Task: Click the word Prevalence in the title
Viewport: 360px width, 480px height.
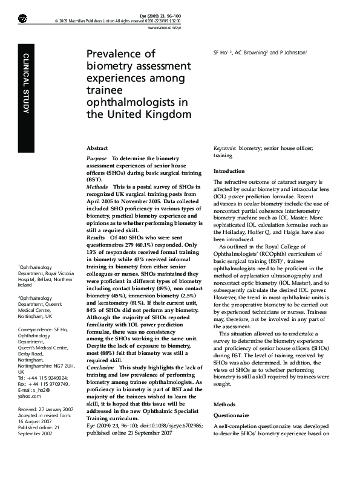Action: [122, 54]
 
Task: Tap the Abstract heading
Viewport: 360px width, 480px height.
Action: [98, 148]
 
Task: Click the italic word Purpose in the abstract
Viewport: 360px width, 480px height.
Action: [97, 158]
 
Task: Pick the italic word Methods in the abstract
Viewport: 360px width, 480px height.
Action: [97, 188]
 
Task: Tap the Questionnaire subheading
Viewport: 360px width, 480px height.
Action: [232, 416]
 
